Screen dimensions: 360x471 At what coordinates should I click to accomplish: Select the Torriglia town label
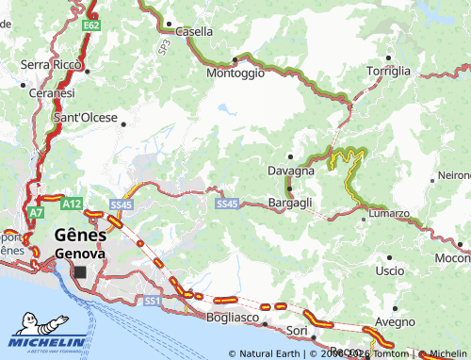point(388,71)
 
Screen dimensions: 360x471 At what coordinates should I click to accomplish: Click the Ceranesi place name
point(51,93)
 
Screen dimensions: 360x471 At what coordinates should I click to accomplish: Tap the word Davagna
point(290,172)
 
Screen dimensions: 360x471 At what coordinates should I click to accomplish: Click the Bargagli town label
point(290,203)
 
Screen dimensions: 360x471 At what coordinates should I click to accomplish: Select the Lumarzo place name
point(388,214)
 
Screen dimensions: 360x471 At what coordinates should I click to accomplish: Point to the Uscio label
point(388,270)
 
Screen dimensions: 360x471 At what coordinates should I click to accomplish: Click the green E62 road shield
point(91,25)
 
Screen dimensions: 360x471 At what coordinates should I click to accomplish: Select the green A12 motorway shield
point(72,203)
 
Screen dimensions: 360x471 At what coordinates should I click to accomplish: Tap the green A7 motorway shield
point(35,214)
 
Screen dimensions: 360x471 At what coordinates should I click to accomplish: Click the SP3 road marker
point(164,43)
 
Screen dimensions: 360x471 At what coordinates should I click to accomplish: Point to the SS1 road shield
point(152,301)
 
